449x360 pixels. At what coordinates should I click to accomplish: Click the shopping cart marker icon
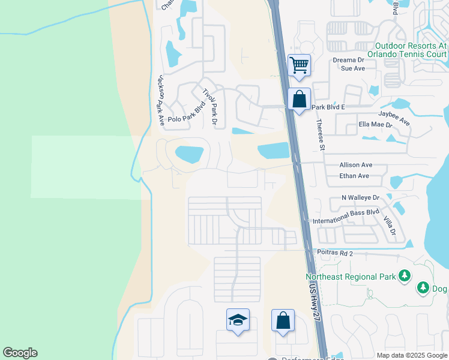(299, 64)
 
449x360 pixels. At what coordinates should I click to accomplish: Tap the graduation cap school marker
(238, 319)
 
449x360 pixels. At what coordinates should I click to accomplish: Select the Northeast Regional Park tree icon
(405, 275)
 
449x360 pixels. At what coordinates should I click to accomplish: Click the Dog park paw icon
(423, 289)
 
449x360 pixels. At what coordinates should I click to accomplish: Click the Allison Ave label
(356, 164)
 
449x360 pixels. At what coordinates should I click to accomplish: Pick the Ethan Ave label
(354, 176)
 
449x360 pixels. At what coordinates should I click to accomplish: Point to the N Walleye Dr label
(361, 197)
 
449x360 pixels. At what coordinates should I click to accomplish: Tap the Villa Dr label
(389, 224)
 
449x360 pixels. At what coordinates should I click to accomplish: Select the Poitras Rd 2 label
(338, 253)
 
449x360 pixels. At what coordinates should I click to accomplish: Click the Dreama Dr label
(348, 60)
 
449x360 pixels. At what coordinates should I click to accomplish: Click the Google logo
(20, 353)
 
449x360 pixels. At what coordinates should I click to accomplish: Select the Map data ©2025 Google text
(411, 355)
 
